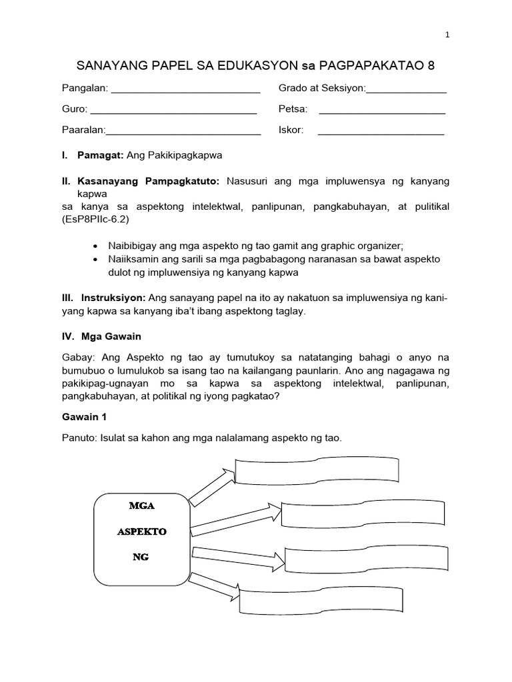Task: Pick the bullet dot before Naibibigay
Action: pos(97,245)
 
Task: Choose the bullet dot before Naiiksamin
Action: pos(97,258)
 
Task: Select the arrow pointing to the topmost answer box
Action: pos(212,486)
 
